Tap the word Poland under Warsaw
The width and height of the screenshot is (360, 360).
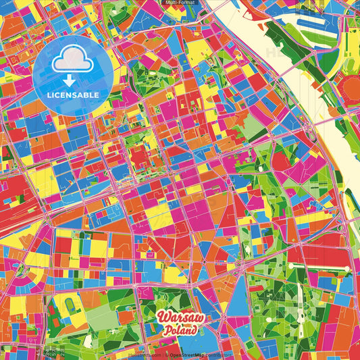coord(180,331)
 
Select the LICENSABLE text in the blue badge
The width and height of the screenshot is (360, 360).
coord(74,95)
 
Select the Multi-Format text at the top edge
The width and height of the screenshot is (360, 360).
coord(180,3)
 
